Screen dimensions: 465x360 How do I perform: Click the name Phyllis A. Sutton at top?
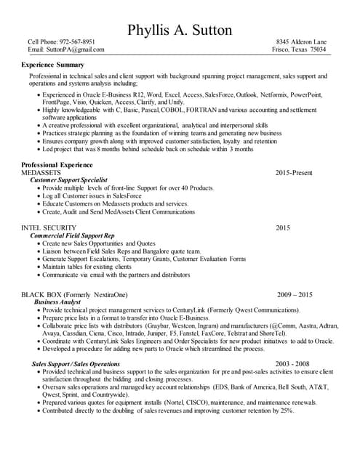pyautogui.click(x=180, y=31)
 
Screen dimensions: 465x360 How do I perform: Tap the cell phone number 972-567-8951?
pyautogui.click(x=77, y=42)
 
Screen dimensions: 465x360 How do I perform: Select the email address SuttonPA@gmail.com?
pyautogui.click(x=76, y=49)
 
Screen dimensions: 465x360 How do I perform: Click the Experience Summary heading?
pyautogui.click(x=53, y=65)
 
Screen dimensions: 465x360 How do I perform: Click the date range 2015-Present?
pyautogui.click(x=294, y=173)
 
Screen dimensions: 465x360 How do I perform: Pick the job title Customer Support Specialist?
pyautogui.click(x=69, y=180)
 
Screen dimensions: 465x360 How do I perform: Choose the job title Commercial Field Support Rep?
pyautogui.click(x=72, y=236)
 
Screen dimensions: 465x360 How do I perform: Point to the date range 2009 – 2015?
pyautogui.click(x=295, y=294)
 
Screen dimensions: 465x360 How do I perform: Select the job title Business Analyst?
pyautogui.click(x=57, y=302)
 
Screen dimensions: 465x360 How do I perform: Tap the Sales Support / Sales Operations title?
pyautogui.click(x=76, y=363)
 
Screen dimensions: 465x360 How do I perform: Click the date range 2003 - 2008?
pyautogui.click(x=292, y=363)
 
